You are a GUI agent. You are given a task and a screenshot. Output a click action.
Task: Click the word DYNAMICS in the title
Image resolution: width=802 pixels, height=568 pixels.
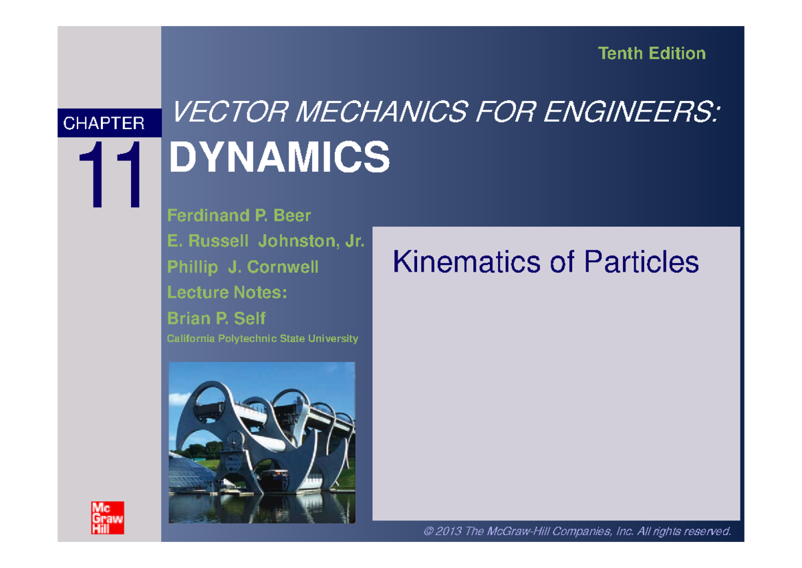pos(279,158)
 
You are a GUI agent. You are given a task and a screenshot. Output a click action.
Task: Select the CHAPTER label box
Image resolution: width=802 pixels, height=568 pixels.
pos(110,123)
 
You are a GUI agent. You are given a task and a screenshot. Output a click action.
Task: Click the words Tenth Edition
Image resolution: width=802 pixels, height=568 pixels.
pos(652,54)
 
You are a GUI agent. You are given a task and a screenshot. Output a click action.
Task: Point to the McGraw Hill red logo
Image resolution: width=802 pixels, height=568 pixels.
pos(108,516)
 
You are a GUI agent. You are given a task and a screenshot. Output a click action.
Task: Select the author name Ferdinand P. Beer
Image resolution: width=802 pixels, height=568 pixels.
pos(239,216)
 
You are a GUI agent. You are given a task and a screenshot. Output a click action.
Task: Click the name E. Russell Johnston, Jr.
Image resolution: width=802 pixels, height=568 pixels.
pos(265,242)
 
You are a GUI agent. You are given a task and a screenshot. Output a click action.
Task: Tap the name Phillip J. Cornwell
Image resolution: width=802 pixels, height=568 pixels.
pos(243,268)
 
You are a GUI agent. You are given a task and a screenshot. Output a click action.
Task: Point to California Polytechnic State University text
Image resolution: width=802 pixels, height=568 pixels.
pos(263,339)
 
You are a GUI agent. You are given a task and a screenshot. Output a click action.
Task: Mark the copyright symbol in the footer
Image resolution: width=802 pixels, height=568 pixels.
pos(428,532)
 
